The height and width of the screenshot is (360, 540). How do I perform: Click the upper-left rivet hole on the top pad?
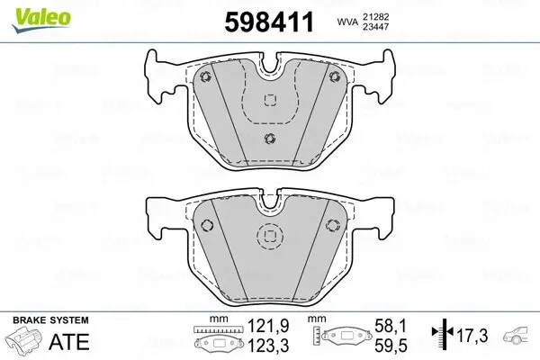[206, 76]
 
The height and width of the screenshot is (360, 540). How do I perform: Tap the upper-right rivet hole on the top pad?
[334, 76]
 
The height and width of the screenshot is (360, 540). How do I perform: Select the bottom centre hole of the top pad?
[270, 138]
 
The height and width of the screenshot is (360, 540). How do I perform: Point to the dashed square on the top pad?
[270, 109]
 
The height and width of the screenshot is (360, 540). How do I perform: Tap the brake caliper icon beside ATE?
[25, 342]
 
